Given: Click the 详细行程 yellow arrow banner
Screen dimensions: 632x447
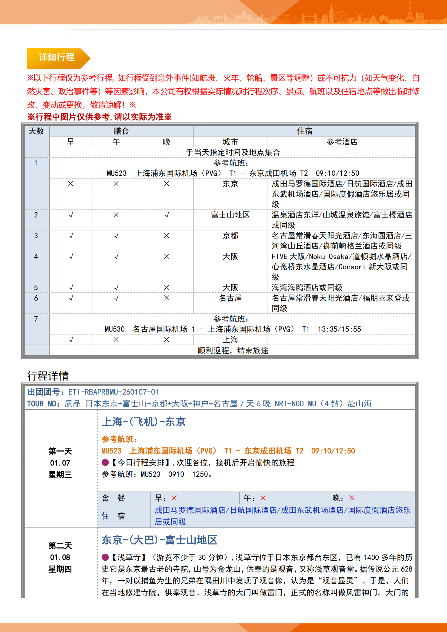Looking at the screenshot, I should coord(57,58).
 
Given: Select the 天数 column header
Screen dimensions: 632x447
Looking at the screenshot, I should coord(36,131).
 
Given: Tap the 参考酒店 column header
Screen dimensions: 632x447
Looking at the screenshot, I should coord(342,142).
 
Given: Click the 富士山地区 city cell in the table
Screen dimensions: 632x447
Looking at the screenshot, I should coord(230,215).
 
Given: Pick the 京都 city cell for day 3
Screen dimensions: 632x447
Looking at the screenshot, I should coord(230,236).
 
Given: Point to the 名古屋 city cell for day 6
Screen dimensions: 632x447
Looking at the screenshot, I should coord(230,298).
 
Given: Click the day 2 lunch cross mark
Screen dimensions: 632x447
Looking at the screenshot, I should coord(116,215).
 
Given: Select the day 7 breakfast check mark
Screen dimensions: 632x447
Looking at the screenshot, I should coord(71,340).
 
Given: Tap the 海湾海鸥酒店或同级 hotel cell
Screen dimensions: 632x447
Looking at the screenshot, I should coord(307,287).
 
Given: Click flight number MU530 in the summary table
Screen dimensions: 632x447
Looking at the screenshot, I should coord(115,329).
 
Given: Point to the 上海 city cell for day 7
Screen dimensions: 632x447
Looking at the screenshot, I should coord(230,340).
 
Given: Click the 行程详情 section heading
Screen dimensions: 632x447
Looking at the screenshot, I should coord(48,376).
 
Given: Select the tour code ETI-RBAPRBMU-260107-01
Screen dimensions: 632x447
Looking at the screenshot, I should coord(113,392).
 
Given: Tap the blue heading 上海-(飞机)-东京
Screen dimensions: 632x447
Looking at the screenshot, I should coord(144,422).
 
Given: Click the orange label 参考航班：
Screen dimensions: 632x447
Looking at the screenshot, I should coord(119,439).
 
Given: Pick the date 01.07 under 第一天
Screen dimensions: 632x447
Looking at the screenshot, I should coord(60,463).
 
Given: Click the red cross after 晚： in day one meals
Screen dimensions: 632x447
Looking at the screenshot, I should coord(352,498).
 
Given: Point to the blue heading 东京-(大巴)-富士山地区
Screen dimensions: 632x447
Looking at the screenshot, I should coord(159,540).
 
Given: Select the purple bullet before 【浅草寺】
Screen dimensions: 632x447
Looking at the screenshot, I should coord(105,557).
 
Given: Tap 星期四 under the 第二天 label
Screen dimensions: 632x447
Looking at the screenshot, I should coord(60,569).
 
